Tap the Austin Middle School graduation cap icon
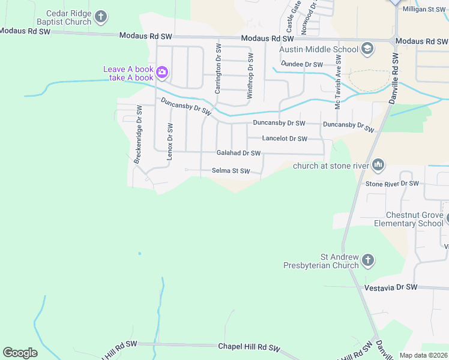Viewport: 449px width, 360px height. pyautogui.click(x=367, y=49)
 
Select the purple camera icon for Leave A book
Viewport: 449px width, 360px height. pyautogui.click(x=162, y=73)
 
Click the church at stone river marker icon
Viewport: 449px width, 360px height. pyautogui.click(x=378, y=164)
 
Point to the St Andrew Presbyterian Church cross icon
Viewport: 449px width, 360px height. pyautogui.click(x=368, y=260)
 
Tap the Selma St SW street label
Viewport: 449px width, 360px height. pyautogui.click(x=231, y=171)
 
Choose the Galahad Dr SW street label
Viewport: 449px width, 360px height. pyautogui.click(x=238, y=154)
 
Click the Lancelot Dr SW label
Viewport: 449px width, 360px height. pyautogui.click(x=285, y=139)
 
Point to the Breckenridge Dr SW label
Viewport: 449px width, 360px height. pyautogui.click(x=137, y=134)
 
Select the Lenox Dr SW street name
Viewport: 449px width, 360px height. pyautogui.click(x=170, y=142)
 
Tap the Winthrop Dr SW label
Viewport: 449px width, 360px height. pyautogui.click(x=250, y=75)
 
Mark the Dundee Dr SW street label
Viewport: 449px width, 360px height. pyautogui.click(x=303, y=64)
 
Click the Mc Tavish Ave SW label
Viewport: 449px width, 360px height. pyautogui.click(x=338, y=83)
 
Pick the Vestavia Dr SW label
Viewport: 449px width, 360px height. pyautogui.click(x=391, y=288)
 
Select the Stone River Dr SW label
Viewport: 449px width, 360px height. pyautogui.click(x=392, y=184)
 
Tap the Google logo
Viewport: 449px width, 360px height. pyautogui.click(x=20, y=353)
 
